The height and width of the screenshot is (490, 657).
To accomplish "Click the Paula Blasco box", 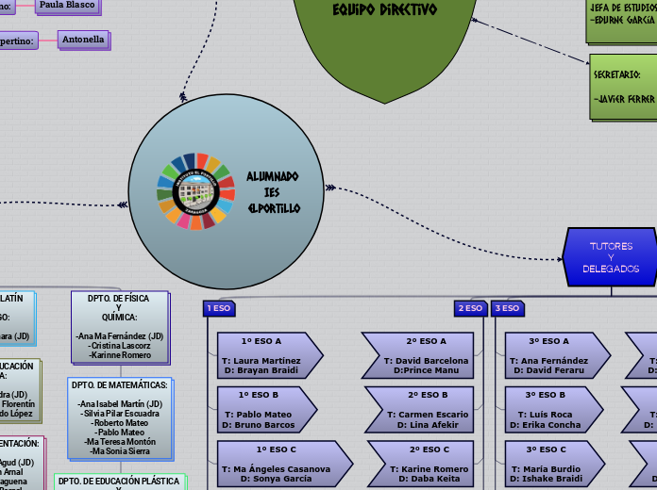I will click(66, 6).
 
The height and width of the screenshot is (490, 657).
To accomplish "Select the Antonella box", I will click(82, 40).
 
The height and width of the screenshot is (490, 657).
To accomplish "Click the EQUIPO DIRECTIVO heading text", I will click(384, 10).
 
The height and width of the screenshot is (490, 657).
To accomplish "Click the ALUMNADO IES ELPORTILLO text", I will click(274, 191).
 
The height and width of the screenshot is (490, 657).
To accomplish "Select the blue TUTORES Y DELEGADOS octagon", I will click(611, 256).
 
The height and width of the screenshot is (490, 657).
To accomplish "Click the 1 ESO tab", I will click(218, 308).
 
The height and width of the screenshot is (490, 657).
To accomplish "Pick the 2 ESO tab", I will click(469, 308).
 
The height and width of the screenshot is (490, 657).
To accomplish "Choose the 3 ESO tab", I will click(508, 308).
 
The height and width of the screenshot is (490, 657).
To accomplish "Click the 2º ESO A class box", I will click(418, 355).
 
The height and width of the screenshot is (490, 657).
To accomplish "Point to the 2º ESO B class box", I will click(418, 408).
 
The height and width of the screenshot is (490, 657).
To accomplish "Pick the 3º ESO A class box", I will click(549, 355).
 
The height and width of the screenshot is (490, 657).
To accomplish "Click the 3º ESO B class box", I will click(549, 408).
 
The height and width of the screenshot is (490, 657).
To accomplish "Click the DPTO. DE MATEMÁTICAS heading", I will click(120, 384).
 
